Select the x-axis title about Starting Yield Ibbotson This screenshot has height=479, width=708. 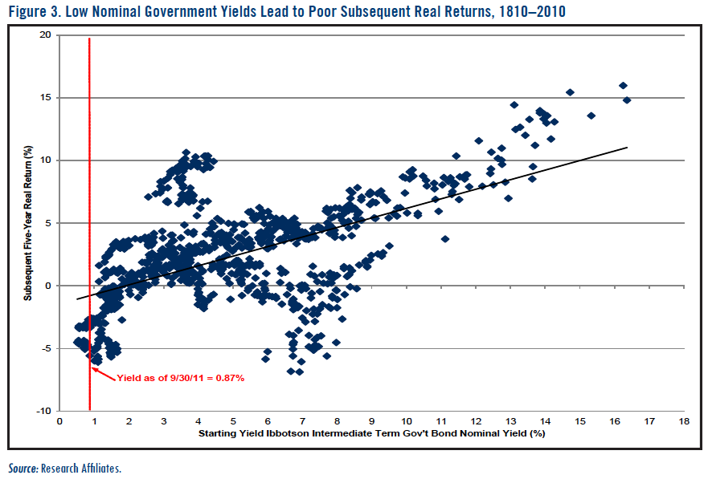[x=371, y=434]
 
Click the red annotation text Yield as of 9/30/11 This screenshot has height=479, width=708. [x=180, y=377]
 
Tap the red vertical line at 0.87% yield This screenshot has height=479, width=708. [x=89, y=201]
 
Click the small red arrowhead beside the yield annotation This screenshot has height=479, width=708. [x=93, y=368]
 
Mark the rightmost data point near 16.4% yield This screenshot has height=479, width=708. [x=627, y=100]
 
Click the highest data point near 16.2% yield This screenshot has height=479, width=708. [x=623, y=86]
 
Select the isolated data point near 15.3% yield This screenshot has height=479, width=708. [x=591, y=116]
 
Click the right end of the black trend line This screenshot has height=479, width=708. [x=627, y=147]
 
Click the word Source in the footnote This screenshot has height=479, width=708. [x=23, y=468]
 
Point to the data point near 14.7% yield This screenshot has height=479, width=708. [x=570, y=92]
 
